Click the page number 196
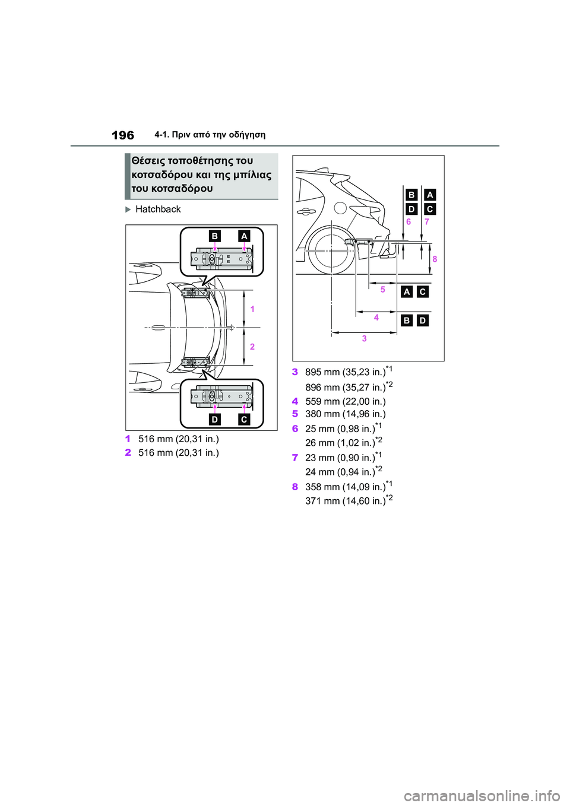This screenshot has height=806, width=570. (123, 136)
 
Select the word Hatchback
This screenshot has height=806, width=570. (158, 210)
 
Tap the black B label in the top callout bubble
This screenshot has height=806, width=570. (214, 236)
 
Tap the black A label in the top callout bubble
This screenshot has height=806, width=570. (244, 236)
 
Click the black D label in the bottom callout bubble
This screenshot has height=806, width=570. (214, 420)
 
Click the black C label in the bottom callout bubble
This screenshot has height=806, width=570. (244, 420)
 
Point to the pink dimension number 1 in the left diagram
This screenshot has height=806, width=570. (252, 309)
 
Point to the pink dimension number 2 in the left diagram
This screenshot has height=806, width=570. (252, 347)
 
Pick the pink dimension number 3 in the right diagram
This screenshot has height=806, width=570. (364, 338)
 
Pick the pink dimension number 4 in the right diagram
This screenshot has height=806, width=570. (376, 318)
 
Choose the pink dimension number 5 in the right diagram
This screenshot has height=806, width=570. (382, 289)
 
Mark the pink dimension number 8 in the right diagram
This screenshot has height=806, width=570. (435, 259)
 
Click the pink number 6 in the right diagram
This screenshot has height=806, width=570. (408, 222)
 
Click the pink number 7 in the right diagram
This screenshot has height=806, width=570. (427, 222)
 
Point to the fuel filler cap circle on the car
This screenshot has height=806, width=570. (340, 208)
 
